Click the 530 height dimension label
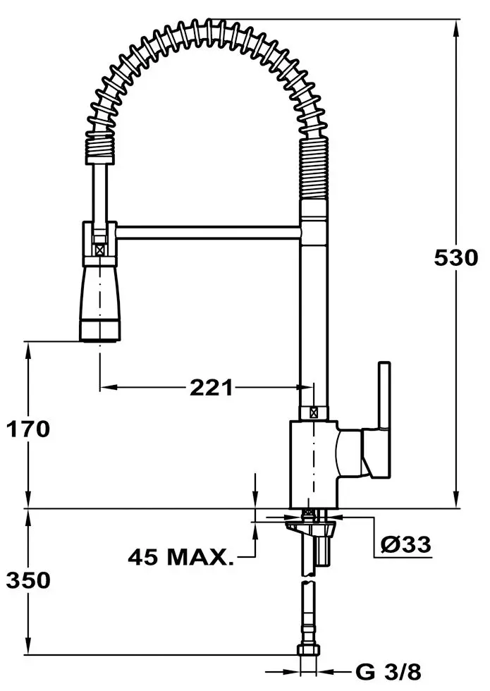click(x=456, y=257)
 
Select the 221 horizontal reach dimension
click(x=211, y=387)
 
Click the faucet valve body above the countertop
click(x=314, y=462)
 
